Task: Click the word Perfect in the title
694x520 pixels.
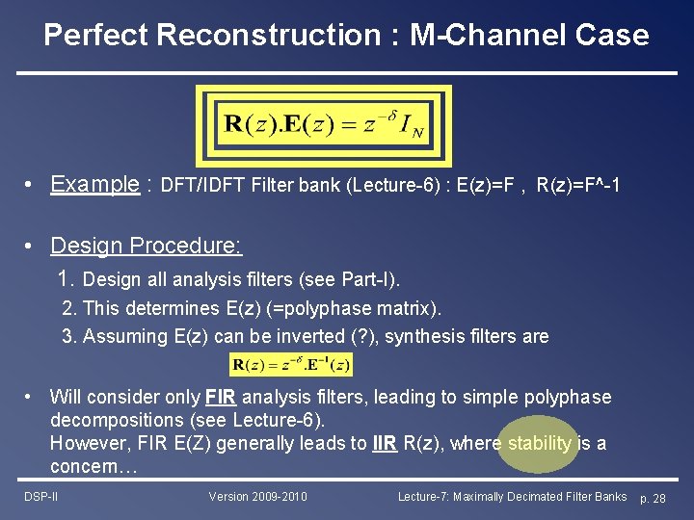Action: point(94,36)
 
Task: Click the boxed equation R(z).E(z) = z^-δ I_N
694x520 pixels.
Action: point(324,126)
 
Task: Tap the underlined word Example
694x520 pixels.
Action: point(94,184)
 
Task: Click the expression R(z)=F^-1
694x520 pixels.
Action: point(577,185)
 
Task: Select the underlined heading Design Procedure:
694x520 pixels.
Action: point(146,246)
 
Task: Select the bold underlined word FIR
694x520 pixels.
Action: point(217,398)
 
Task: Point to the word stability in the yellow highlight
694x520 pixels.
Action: point(539,444)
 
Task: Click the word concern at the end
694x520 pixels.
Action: point(88,468)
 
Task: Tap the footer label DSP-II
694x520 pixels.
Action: point(40,497)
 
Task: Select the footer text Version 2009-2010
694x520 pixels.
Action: point(257,497)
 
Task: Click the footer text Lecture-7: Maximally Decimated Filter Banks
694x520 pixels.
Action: point(512,497)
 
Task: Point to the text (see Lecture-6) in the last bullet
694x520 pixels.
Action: point(267,421)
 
